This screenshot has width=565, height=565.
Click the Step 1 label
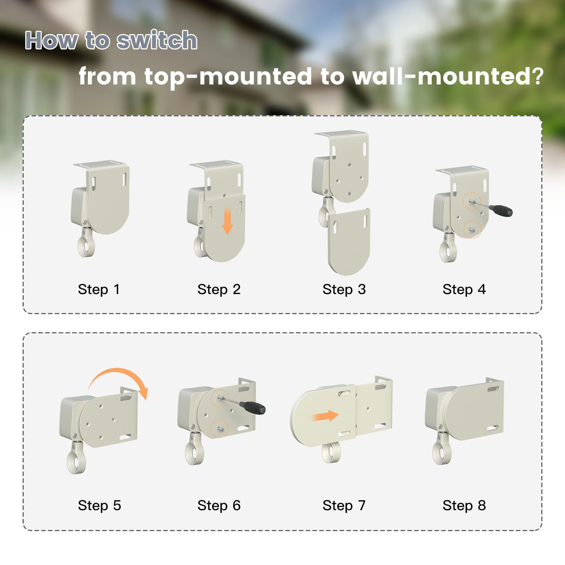tap(99, 289)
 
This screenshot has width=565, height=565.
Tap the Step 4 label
tap(464, 289)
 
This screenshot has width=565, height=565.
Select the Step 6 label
tap(219, 505)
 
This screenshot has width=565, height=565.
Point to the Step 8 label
tap(464, 505)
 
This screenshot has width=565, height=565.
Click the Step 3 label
tap(344, 289)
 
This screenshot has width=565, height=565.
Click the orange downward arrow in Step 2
tap(227, 222)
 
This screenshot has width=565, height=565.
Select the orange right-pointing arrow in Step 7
tap(325, 416)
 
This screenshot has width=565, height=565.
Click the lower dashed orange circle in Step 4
tap(472, 229)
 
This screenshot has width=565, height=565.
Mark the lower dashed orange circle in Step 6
tap(219, 429)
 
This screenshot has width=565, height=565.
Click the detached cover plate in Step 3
tap(349, 242)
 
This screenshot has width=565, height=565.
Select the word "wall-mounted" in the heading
tap(444, 76)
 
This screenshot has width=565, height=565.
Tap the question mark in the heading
tap(539, 76)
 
